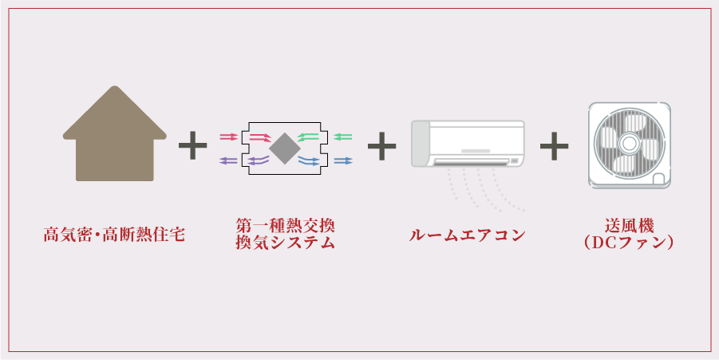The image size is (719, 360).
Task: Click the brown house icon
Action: coord(115,136)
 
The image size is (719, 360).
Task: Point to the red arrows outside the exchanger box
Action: coord(228,136)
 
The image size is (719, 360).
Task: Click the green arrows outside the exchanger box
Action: coord(343,136)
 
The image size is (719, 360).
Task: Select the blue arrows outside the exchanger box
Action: coord(343,161)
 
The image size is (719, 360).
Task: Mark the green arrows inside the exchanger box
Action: coord(308,137)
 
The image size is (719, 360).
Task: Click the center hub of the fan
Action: coord(629,144)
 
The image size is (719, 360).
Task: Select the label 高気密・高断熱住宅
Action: coord(114,235)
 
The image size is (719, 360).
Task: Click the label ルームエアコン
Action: coord(467,235)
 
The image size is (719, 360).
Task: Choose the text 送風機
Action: coord(629,226)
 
